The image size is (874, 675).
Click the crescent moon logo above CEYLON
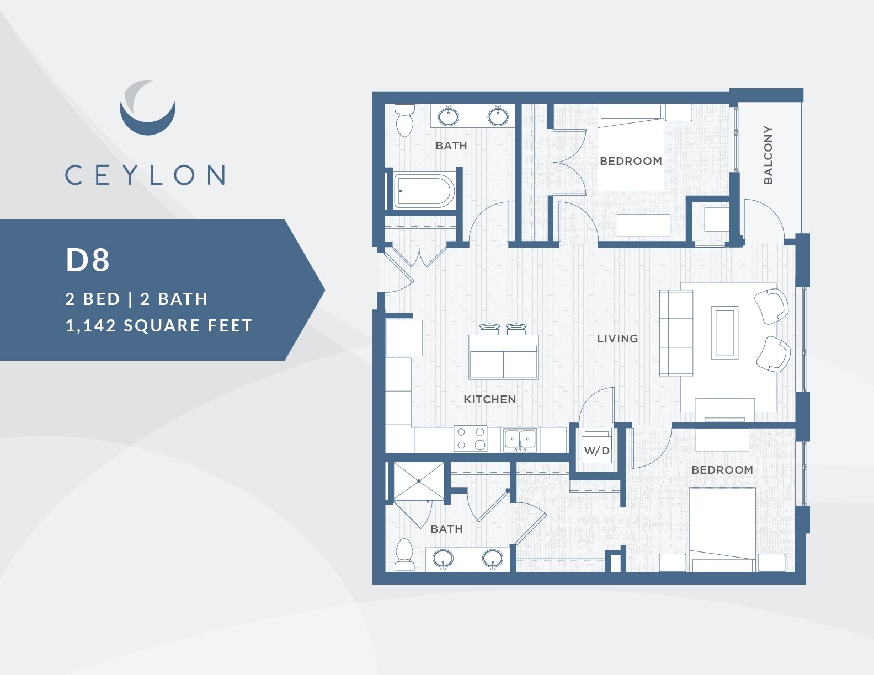coord(147,110)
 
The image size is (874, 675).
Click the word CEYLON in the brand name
coord(145,175)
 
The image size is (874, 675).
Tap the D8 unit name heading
coord(88,260)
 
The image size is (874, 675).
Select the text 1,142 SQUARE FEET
coord(158,325)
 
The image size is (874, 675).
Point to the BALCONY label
coord(768,154)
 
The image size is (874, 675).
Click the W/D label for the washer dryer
coord(596,451)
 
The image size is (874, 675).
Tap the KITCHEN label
coord(489,399)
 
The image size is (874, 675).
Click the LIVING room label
coord(617,339)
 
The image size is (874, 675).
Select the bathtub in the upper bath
coord(424,191)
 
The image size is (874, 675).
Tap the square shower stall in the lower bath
coord(418,481)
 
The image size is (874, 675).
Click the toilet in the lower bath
coord(404,554)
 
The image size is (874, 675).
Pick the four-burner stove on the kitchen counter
coord(470,439)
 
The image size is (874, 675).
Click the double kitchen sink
coord(521,440)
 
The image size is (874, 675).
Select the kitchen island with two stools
coord(503,357)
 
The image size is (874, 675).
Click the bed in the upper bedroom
coord(631,148)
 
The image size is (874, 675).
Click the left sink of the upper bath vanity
coord(448,117)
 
